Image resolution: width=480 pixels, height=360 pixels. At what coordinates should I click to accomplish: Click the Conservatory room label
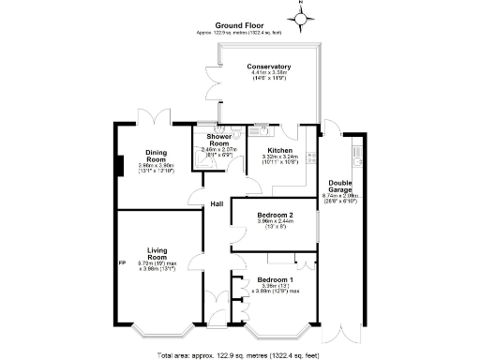pos(269,67)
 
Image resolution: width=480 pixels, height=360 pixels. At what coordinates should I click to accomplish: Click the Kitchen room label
pos(281,150)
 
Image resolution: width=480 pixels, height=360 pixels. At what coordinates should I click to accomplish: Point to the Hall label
pos(217,204)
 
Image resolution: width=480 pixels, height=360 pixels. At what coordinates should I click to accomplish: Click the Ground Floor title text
pos(240,25)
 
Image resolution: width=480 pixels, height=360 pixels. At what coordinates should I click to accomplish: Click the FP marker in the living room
pos(122,262)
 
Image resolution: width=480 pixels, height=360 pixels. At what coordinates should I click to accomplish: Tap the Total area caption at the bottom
pos(240,355)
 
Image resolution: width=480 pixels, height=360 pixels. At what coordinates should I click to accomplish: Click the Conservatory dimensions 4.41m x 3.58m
pos(269,75)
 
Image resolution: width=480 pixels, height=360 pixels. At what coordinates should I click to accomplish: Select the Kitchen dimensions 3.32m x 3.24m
pos(281,158)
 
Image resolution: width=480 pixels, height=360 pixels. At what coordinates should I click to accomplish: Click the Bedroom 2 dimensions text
pos(276,222)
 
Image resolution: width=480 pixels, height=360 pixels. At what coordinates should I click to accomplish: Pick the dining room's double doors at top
pos(151,117)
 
